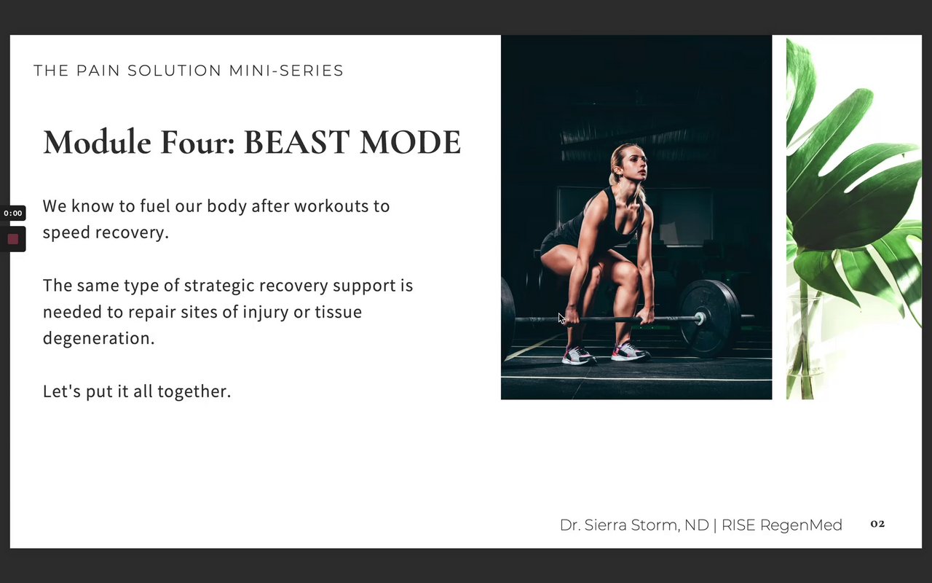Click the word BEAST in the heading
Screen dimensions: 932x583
click(x=296, y=142)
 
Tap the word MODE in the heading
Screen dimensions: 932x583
click(x=410, y=142)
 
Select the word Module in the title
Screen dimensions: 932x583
click(x=97, y=142)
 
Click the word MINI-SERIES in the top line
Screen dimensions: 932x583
click(x=286, y=71)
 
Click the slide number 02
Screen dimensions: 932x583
click(x=877, y=524)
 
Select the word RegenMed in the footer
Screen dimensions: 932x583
click(x=801, y=525)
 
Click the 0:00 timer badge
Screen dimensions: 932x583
click(x=13, y=214)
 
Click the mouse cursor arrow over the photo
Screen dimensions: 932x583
click(x=561, y=318)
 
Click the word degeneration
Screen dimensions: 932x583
click(x=98, y=339)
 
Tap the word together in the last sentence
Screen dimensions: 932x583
click(x=194, y=392)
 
